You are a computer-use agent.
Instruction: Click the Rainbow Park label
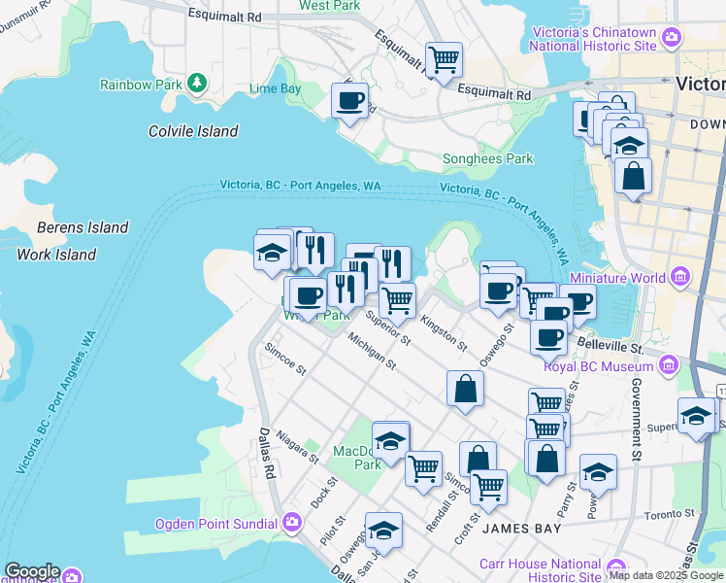pos(141,85)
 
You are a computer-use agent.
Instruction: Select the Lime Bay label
pos(275,88)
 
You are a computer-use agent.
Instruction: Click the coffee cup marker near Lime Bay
pos(349,100)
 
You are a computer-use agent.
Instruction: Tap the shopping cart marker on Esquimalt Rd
pos(444,60)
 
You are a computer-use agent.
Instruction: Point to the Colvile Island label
pos(193,131)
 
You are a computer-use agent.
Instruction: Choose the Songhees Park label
pos(487,158)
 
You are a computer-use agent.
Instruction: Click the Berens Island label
pos(82,227)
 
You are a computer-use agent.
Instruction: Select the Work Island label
pos(56,255)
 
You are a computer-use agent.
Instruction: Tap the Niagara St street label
pos(297,446)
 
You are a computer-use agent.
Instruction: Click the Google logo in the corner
pos(31,572)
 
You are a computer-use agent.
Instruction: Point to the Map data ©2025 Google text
pos(665,575)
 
